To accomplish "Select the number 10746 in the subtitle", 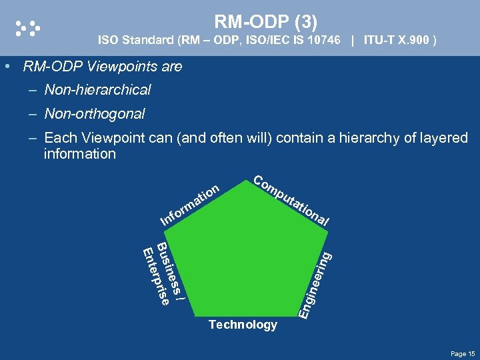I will click(x=319, y=41).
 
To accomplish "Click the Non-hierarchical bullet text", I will click(x=97, y=89).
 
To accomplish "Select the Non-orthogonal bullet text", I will click(x=94, y=114).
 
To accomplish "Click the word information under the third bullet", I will click(x=80, y=154).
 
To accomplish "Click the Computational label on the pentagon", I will click(x=291, y=201).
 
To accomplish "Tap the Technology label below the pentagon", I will click(x=243, y=325).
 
